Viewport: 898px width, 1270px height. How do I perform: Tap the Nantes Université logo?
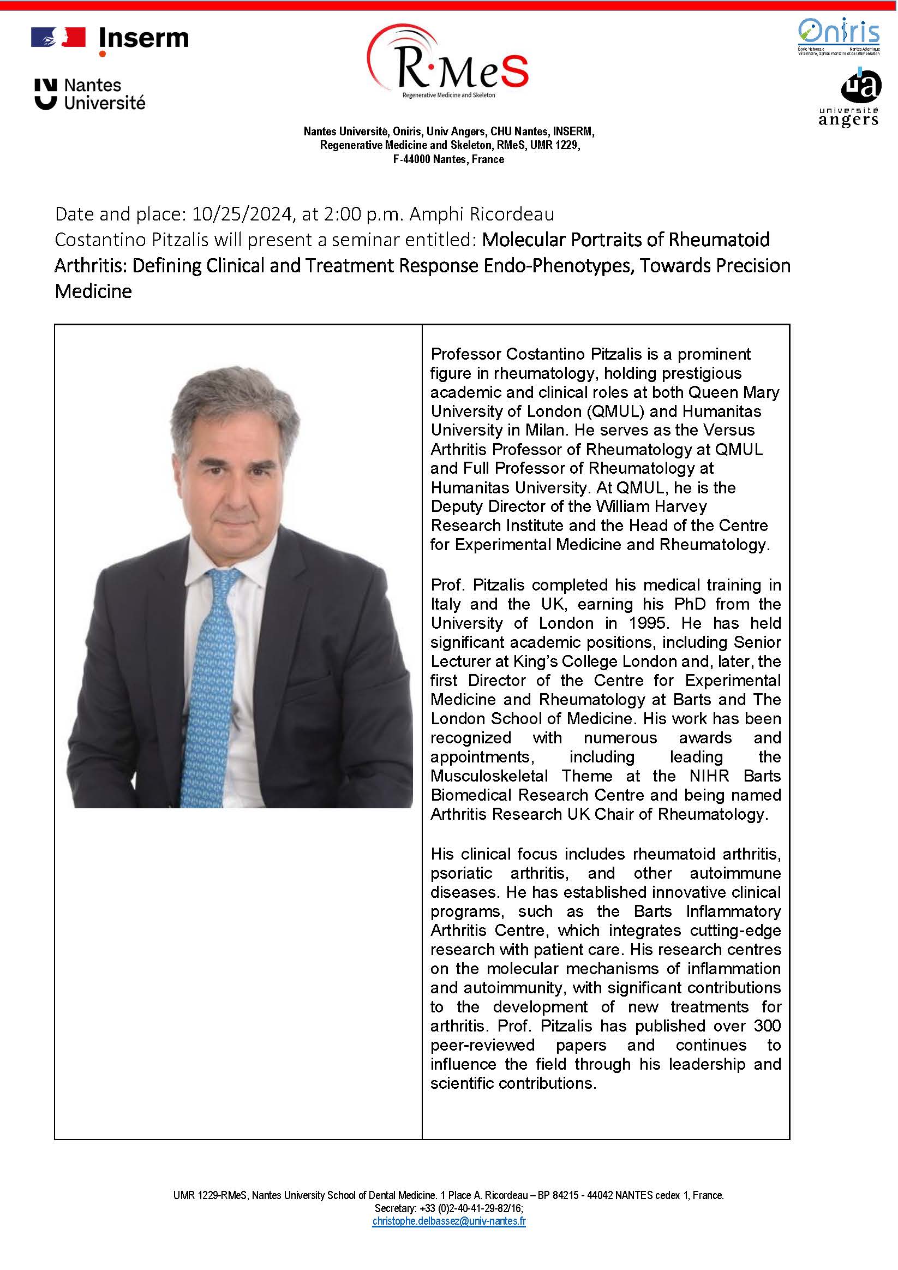(90, 94)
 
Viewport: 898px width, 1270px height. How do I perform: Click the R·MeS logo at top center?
(448, 64)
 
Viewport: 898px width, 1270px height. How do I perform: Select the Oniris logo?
(839, 35)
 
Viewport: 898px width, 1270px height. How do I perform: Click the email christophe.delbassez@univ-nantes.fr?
(449, 1221)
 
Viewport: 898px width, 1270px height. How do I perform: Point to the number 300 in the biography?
(767, 1026)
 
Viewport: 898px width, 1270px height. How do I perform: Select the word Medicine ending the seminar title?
(93, 291)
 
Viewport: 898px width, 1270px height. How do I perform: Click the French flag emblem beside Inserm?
(58, 38)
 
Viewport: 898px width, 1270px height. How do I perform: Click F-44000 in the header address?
(411, 159)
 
